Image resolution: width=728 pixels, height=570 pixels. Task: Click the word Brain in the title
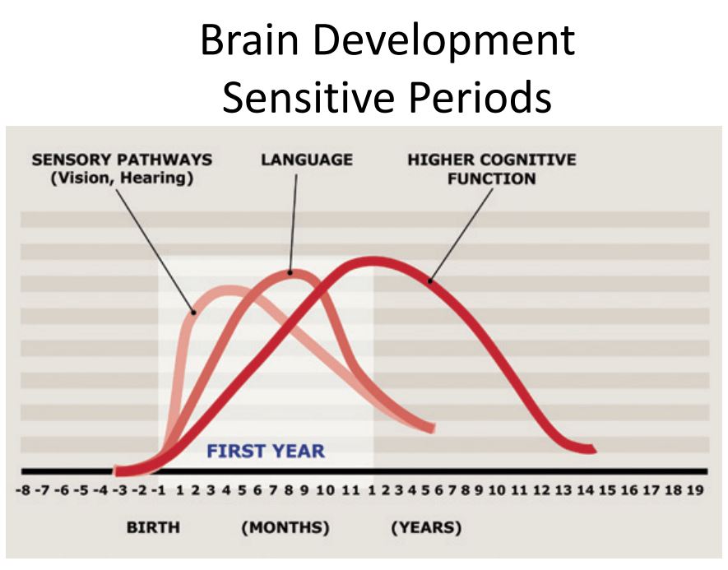coord(249,40)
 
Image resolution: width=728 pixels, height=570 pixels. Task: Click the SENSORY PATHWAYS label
coord(122,160)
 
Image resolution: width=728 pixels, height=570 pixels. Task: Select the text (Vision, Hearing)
coord(122,178)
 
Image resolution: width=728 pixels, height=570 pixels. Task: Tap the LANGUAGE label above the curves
coord(307,160)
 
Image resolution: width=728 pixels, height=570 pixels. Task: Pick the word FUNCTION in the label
coord(492,178)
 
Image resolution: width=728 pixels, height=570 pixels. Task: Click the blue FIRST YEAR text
coord(266,452)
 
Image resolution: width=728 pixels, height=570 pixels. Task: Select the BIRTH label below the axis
coord(153,528)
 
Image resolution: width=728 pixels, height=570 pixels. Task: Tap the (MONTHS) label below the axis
coord(285,528)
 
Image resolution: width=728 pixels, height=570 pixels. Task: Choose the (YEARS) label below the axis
coord(427,528)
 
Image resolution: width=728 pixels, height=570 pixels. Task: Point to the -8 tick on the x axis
coord(23,490)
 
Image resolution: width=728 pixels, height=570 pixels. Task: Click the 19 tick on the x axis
coord(695,490)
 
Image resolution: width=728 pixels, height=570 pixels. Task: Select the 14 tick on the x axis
coord(586,490)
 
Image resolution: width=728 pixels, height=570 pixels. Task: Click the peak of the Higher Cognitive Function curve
coord(373,262)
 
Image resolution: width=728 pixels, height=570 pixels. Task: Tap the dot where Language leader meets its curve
coord(290,273)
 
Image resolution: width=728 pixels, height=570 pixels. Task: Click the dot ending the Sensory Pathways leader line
coord(194,313)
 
